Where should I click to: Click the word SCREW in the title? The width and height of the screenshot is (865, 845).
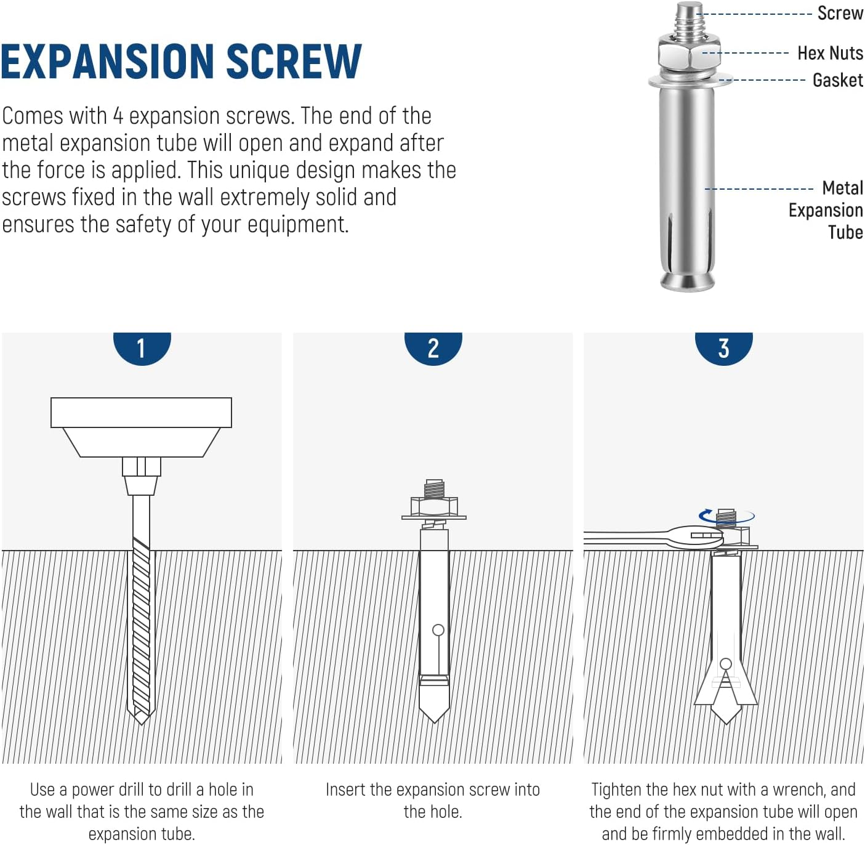(294, 61)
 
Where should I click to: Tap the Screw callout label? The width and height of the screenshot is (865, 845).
(840, 13)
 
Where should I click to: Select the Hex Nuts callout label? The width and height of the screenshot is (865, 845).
(830, 53)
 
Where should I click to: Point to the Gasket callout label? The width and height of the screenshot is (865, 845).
(838, 80)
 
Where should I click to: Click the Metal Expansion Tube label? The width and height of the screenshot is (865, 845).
(826, 210)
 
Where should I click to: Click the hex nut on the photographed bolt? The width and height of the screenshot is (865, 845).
(688, 54)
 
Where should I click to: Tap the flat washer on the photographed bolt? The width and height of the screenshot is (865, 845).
(688, 81)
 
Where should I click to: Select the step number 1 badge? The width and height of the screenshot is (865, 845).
(142, 348)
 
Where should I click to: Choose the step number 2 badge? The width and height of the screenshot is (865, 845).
(433, 348)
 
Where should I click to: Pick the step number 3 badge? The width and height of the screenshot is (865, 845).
(723, 348)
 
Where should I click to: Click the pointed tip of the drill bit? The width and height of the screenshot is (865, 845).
(142, 724)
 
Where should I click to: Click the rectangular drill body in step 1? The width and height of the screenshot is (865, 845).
(141, 412)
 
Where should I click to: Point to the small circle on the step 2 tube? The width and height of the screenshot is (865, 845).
(438, 630)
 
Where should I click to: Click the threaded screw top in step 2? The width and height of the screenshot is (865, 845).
(434, 488)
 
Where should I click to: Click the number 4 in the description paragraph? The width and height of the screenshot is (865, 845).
(118, 116)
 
